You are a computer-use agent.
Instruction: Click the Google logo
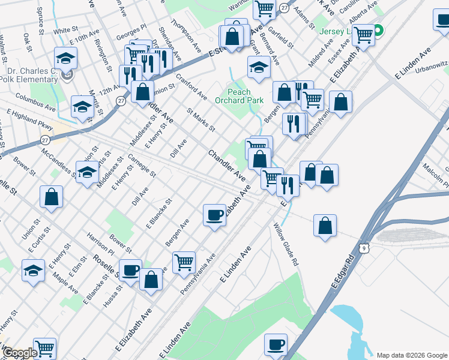pos(20,353)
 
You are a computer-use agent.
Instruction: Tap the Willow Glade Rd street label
pos(286,245)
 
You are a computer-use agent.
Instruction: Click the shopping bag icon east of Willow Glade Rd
pos(325,226)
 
